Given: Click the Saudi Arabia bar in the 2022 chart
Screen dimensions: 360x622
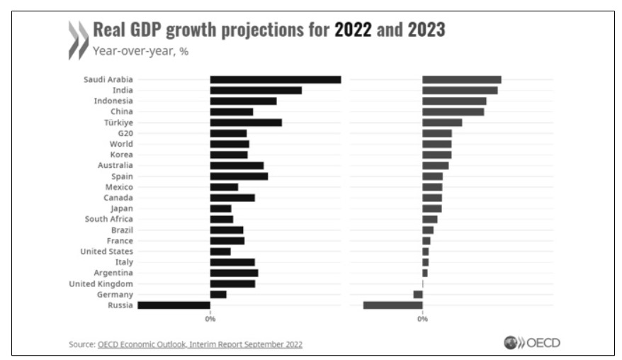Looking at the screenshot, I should coord(275,79).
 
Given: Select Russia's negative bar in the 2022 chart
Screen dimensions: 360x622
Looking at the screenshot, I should coord(174,305).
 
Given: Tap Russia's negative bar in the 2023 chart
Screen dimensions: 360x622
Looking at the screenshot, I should coord(392,305).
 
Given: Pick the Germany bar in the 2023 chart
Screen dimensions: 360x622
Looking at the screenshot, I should coord(418,294).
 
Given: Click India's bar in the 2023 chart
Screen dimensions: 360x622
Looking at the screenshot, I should coord(460,90).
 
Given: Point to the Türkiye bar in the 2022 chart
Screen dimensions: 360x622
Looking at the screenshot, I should coord(246,123).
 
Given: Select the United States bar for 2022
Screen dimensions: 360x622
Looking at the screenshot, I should coord(220,252).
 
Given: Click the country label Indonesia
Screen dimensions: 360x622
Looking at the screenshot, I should coord(113,101).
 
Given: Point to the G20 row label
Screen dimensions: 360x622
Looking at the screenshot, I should coord(125,133).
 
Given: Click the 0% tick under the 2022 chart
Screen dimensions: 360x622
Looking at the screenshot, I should coord(210,320).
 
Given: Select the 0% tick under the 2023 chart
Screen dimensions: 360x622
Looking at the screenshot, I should coord(422,320).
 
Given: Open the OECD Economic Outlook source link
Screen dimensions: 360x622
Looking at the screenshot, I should coord(200,344).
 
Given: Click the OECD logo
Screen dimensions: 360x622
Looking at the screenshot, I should coord(531,342).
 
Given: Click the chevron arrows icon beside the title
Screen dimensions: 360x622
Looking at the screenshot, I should coord(77,40).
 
